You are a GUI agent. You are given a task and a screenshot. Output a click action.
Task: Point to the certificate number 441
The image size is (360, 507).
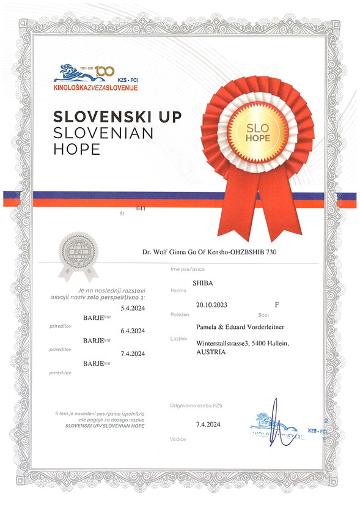pos(140,209)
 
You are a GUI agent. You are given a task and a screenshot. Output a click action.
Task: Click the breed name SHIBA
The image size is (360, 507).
pos(203,284)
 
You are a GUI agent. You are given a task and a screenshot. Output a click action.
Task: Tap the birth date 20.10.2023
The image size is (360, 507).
pos(215,303)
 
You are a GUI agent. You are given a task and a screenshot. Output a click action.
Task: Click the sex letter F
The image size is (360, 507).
pos(277,303)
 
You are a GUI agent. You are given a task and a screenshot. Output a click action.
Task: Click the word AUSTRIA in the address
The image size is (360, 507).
pos(211,352)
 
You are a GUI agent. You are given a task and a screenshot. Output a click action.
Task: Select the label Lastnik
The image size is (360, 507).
pos(178,338)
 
